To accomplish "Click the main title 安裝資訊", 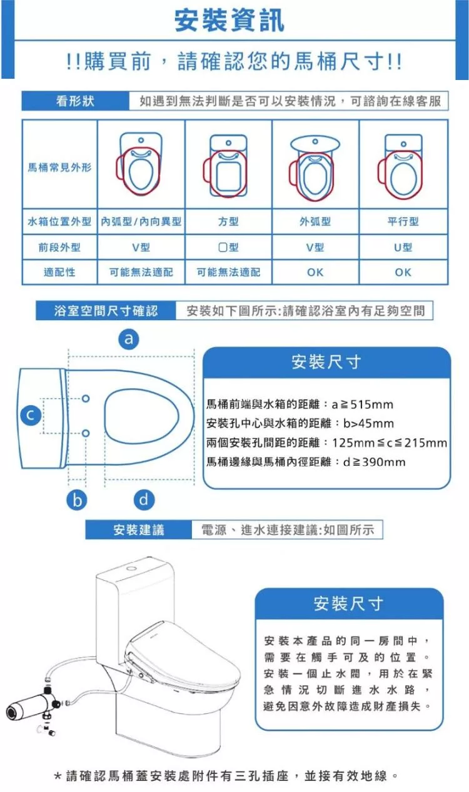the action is tap(229, 20).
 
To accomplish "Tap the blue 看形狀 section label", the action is tap(75, 101).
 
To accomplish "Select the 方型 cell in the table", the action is tap(228, 221).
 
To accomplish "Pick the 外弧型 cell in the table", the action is tap(315, 221).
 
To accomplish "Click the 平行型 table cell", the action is tap(403, 221).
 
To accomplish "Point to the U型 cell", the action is tap(403, 247).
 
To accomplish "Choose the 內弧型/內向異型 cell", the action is tap(141, 221).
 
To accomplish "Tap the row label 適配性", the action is tap(59, 272).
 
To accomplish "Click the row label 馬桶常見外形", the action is tap(59, 167).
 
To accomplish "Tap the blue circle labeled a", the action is tap(129, 339).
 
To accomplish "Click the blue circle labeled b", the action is tap(77, 500).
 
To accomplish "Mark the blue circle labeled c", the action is tap(31, 414).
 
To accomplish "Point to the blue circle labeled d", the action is tap(144, 499).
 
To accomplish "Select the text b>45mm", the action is tap(368, 423).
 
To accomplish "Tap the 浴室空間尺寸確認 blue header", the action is tap(106, 311).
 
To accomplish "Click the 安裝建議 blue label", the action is tap(139, 529).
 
